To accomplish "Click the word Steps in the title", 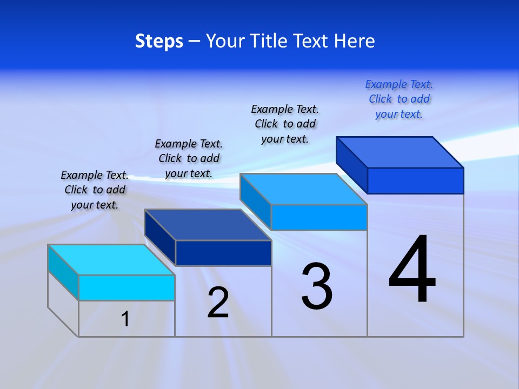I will [159, 41].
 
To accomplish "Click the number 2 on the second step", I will [218, 303].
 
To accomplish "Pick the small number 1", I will [125, 319].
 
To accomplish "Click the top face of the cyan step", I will [111, 260].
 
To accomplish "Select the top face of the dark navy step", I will [208, 225].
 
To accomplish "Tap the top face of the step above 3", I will [303, 189].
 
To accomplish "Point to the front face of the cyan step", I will [127, 287].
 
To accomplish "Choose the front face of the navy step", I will [223, 253].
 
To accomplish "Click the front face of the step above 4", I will [415, 180].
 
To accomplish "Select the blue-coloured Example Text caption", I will [399, 99].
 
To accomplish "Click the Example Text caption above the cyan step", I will [95, 190].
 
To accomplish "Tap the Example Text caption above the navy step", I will [189, 158].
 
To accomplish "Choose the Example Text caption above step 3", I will [285, 124].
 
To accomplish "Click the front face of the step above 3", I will [319, 217].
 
